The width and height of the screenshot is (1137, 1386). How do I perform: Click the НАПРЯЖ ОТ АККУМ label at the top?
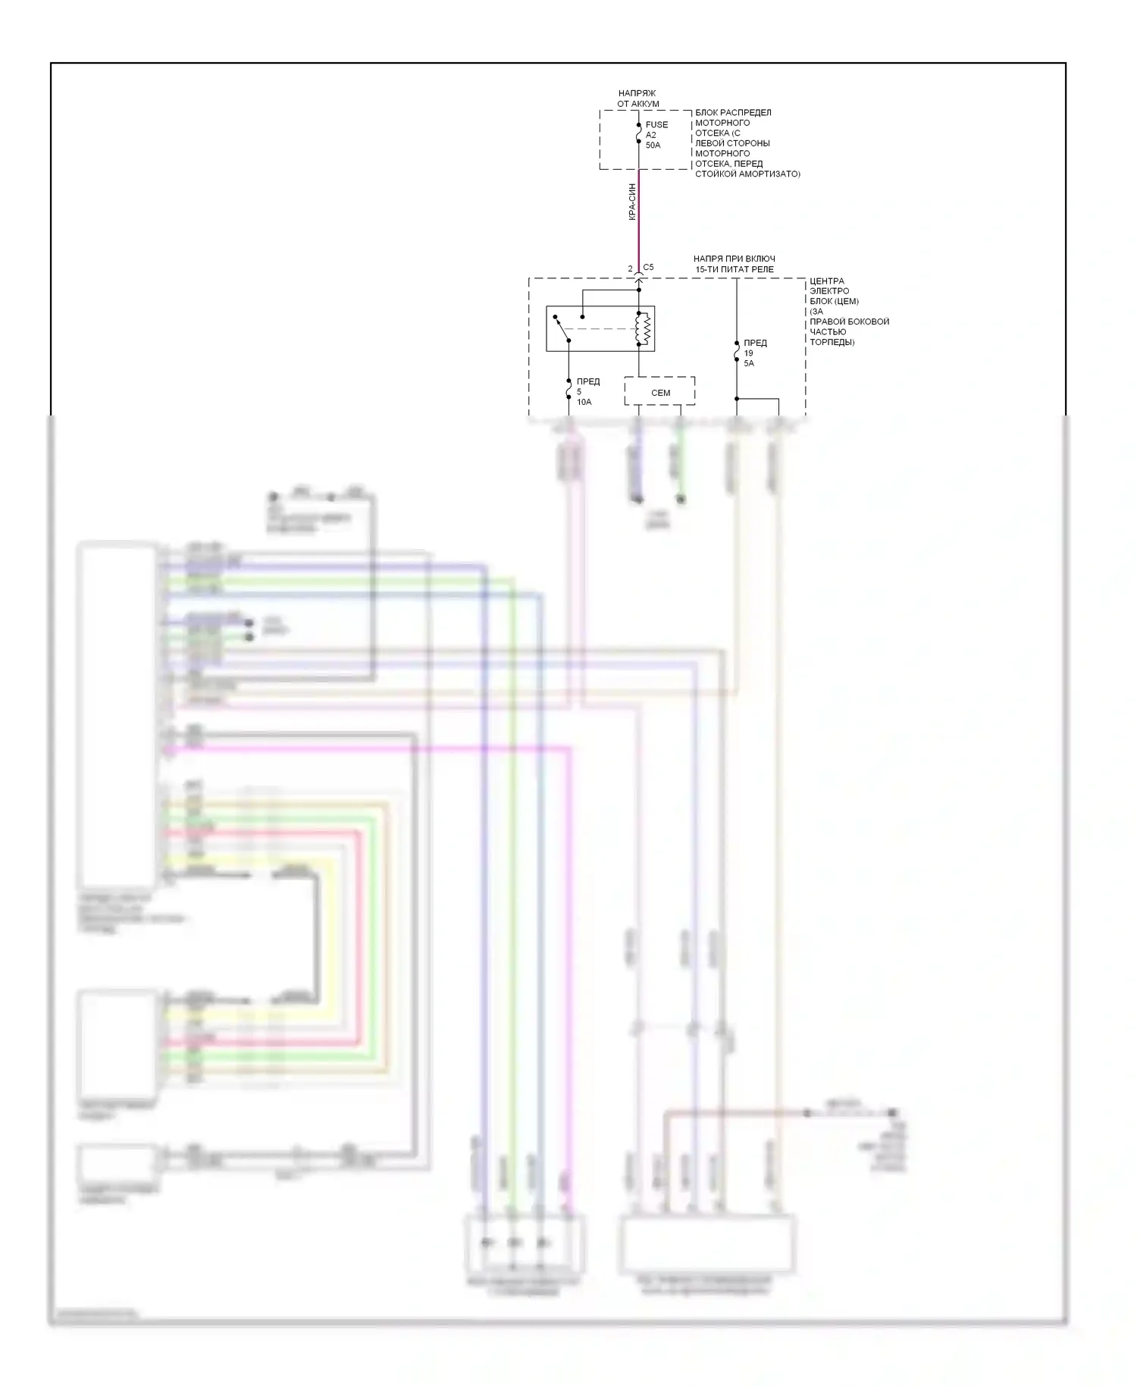pyautogui.click(x=637, y=99)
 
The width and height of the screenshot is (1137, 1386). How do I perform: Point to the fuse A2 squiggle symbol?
pyautogui.click(x=638, y=135)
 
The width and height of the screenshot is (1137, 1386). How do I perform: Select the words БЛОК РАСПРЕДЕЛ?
pyautogui.click(x=733, y=112)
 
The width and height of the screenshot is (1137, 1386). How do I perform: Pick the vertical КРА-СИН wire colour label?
pyautogui.click(x=632, y=202)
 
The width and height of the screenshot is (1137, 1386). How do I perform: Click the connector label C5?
pyautogui.click(x=648, y=268)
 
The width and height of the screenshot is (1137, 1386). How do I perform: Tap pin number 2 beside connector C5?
pyautogui.click(x=630, y=269)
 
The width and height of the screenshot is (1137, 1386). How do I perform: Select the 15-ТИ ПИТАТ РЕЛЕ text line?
pyautogui.click(x=735, y=269)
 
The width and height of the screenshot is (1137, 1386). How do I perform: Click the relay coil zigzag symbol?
pyautogui.click(x=645, y=329)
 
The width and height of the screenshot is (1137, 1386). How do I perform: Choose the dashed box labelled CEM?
pyautogui.click(x=659, y=392)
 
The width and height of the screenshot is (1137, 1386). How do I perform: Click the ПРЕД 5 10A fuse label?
pyautogui.click(x=586, y=392)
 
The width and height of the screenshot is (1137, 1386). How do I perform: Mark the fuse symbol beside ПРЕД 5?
pyautogui.click(x=568, y=390)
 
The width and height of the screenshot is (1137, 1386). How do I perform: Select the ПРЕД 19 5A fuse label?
pyautogui.click(x=754, y=353)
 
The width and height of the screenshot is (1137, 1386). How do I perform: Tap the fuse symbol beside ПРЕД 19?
pyautogui.click(x=737, y=353)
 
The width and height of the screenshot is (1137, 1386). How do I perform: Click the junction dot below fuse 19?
pyautogui.click(x=737, y=399)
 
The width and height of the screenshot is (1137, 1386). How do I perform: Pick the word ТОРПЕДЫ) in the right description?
pyautogui.click(x=832, y=342)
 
